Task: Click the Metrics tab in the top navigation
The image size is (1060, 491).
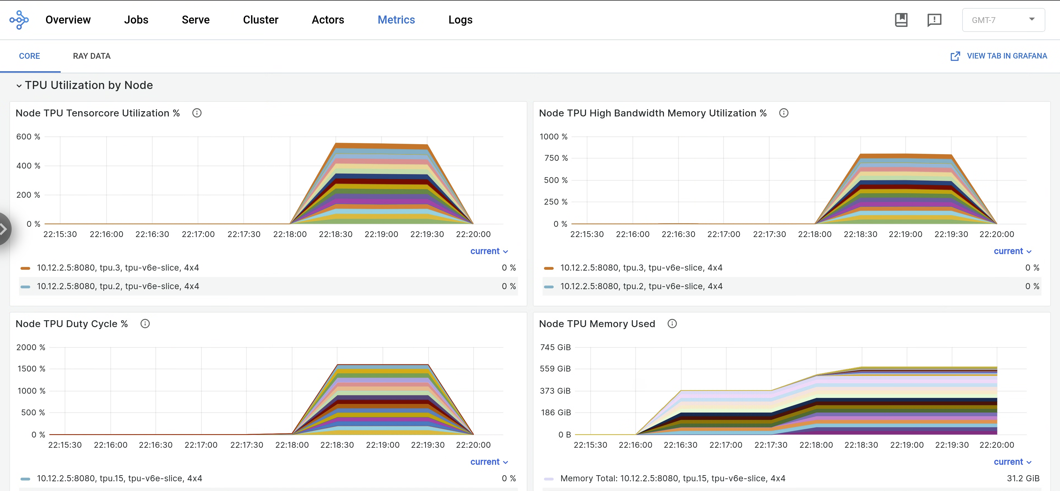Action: click(396, 20)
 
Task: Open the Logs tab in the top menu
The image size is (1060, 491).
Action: click(460, 20)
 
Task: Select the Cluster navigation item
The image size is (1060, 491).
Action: click(260, 20)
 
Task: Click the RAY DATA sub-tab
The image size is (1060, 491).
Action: click(91, 56)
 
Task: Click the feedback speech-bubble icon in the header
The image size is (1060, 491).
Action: click(934, 20)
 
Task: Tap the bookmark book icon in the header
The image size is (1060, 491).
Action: click(901, 20)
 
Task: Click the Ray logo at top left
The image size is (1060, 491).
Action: click(19, 20)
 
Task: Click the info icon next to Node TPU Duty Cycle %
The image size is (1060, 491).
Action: click(145, 324)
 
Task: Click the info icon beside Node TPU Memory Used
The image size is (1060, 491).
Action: click(672, 324)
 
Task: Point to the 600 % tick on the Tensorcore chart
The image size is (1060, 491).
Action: click(28, 137)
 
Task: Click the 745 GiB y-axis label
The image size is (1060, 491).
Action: click(555, 347)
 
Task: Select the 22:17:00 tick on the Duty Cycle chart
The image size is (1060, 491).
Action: click(201, 445)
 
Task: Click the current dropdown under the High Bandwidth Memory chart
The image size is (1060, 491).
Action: click(1012, 251)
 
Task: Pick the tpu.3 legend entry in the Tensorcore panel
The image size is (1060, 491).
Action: click(118, 268)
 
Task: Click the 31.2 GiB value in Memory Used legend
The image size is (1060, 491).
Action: click(1023, 478)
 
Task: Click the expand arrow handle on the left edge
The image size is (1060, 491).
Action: click(4, 229)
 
